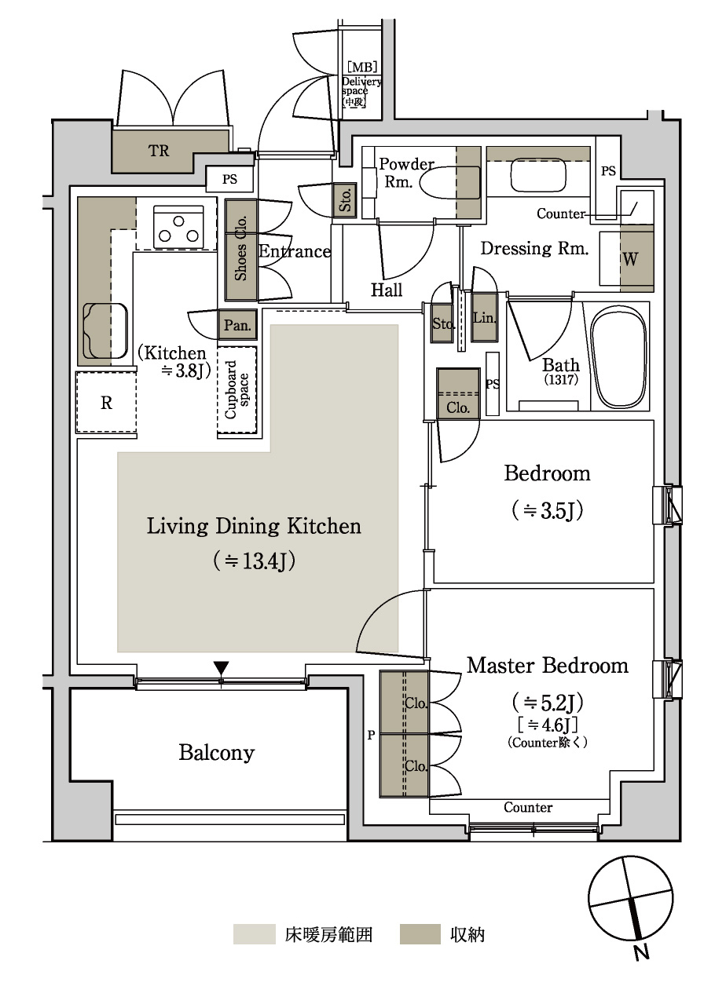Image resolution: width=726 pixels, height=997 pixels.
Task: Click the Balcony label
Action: pyautogui.click(x=216, y=753)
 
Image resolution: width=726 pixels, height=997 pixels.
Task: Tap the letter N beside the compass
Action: pyautogui.click(x=641, y=953)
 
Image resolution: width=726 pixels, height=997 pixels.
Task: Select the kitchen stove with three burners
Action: pyautogui.click(x=178, y=227)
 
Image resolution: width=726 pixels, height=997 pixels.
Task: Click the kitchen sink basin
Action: pyautogui.click(x=105, y=331)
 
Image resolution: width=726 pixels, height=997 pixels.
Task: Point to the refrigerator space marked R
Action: pyautogui.click(x=106, y=403)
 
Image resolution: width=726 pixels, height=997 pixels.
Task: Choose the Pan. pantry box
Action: pyautogui.click(x=237, y=325)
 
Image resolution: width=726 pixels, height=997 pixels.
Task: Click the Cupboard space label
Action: pyautogui.click(x=237, y=390)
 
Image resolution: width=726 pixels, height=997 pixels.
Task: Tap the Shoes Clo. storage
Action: pyautogui.click(x=241, y=250)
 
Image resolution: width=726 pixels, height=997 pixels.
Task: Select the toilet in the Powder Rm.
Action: pyautogui.click(x=449, y=182)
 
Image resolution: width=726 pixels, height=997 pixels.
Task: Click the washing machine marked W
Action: pyautogui.click(x=637, y=258)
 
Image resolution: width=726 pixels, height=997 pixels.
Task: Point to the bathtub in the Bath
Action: pyautogui.click(x=620, y=356)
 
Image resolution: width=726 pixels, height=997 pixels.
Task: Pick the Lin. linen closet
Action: pyautogui.click(x=484, y=317)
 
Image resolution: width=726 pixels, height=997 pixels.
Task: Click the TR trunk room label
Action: pyautogui.click(x=159, y=151)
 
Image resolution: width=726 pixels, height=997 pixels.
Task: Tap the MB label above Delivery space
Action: pyautogui.click(x=362, y=68)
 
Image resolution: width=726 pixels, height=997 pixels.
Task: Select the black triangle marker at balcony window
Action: pyautogui.click(x=221, y=668)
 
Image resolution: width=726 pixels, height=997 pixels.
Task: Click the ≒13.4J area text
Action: pyautogui.click(x=254, y=561)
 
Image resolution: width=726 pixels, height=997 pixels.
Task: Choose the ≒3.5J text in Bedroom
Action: pyautogui.click(x=548, y=510)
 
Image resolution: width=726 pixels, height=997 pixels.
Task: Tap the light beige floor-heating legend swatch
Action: pyautogui.click(x=255, y=934)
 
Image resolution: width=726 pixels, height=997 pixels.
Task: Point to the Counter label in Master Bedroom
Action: pyautogui.click(x=528, y=807)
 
